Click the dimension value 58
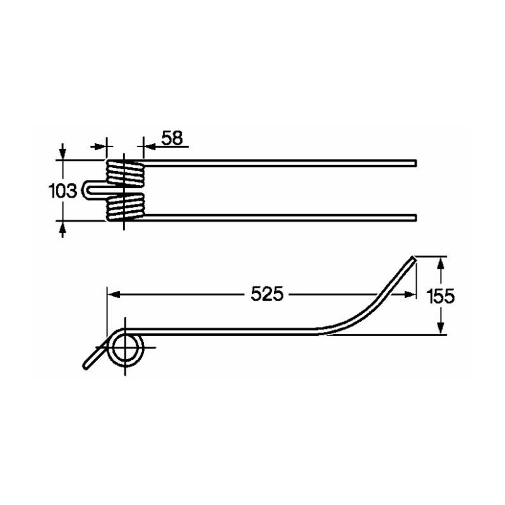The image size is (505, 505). click(x=172, y=138)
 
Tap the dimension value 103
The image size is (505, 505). click(x=62, y=191)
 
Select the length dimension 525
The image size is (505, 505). click(x=267, y=294)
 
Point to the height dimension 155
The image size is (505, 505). click(x=440, y=296)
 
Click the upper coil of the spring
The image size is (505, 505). click(x=125, y=173)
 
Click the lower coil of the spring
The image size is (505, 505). click(x=125, y=208)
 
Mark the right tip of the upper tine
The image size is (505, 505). click(x=416, y=163)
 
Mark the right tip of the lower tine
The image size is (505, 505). click(x=416, y=218)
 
